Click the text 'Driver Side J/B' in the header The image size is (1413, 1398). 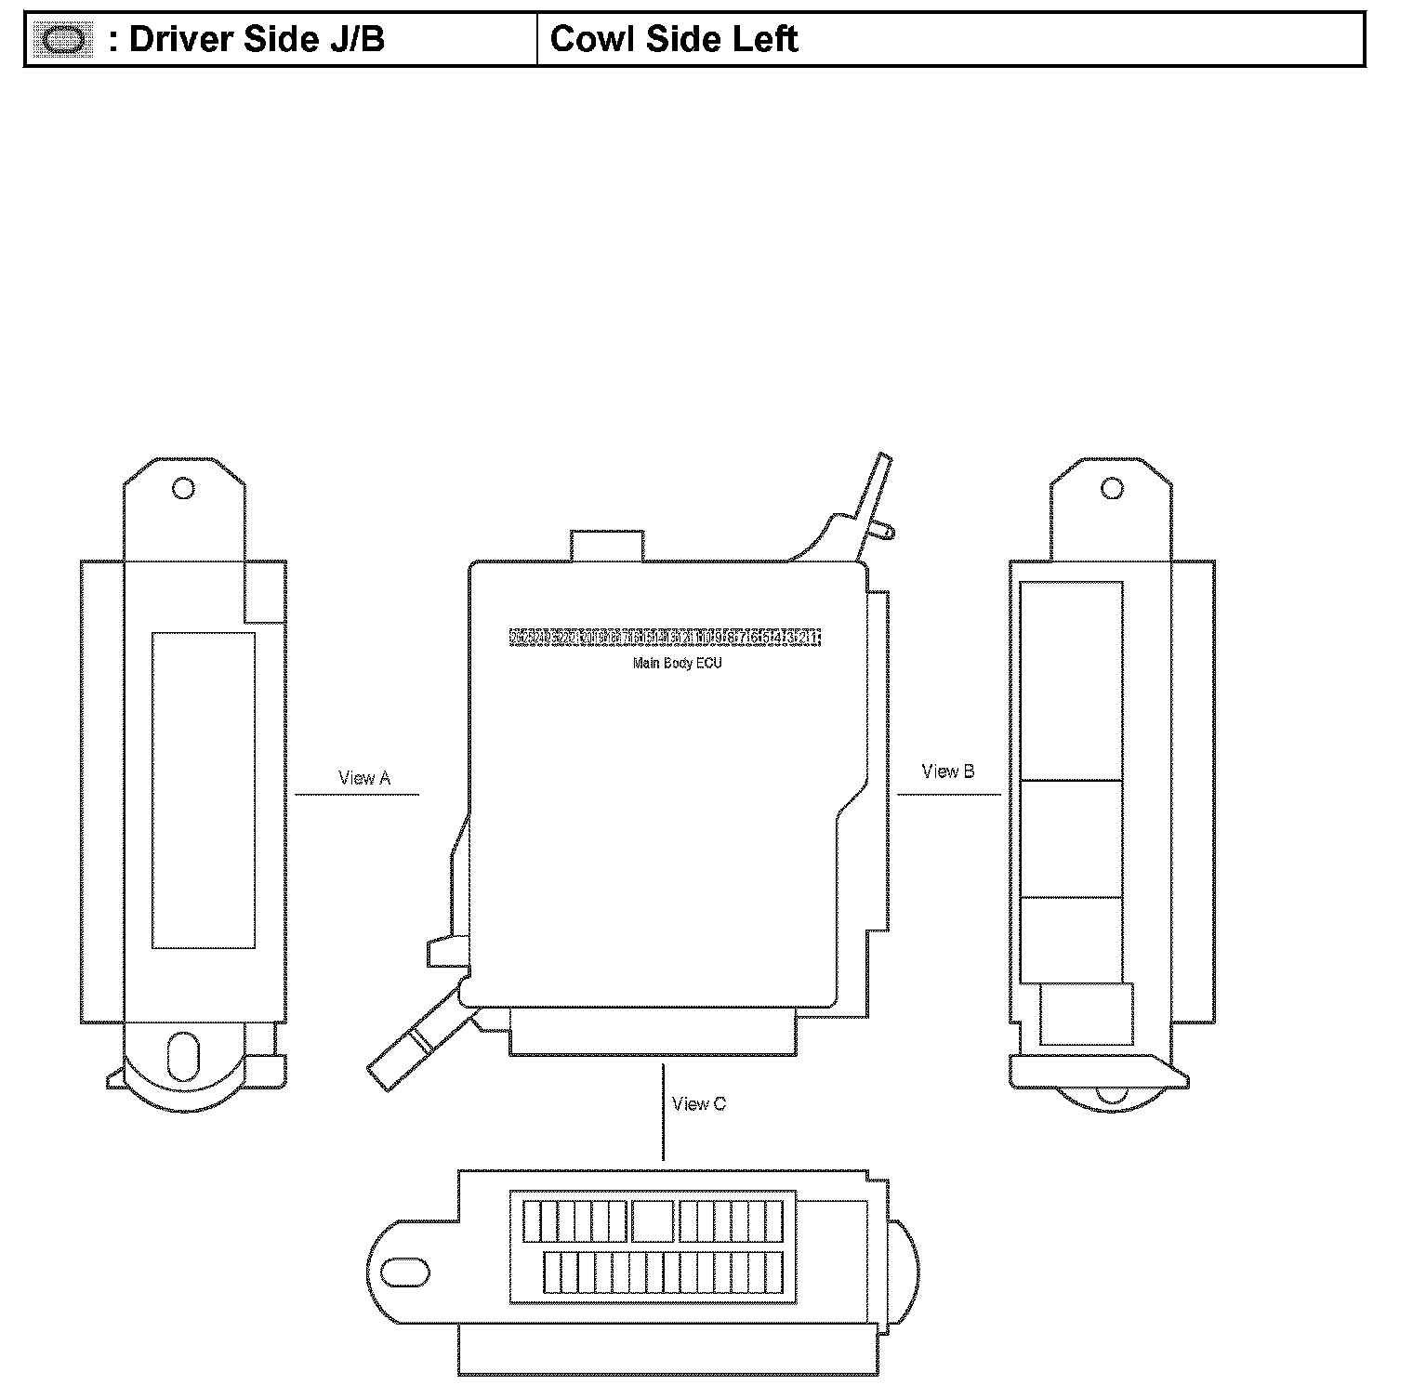pos(256,40)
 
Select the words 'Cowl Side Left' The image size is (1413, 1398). pos(674,40)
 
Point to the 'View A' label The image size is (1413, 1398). pos(363,778)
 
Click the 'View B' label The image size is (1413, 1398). pos(947,772)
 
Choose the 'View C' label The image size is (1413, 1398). pos(698,1104)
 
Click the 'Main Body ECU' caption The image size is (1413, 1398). pos(677,664)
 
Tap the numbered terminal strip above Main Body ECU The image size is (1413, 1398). pos(665,638)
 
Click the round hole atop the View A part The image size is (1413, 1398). pos(184,488)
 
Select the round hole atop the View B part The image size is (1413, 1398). pos(1112,488)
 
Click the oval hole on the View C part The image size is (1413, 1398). pos(405,1272)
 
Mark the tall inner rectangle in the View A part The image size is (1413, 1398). pos(204,790)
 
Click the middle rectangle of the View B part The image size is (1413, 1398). pos(1071,838)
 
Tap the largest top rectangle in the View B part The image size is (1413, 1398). pos(1071,680)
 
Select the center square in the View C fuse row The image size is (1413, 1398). pos(653,1220)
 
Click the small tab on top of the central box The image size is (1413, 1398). pos(608,546)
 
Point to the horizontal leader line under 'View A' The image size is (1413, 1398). pos(357,795)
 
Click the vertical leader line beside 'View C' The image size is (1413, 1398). pos(663,1112)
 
